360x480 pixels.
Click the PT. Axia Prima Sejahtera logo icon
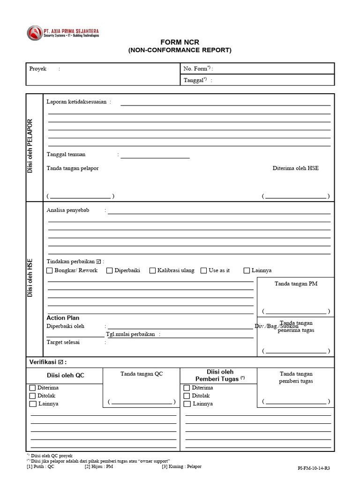pyautogui.click(x=34, y=33)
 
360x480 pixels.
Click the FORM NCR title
pyautogui.click(x=180, y=42)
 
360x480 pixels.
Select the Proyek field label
pyautogui.click(x=38, y=68)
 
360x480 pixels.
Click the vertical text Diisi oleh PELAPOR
pyautogui.click(x=30, y=146)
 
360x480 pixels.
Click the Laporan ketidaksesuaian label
pyautogui.click(x=78, y=101)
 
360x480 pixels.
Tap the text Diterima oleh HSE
pyautogui.click(x=295, y=168)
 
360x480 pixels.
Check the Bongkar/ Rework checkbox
pyautogui.click(x=50, y=270)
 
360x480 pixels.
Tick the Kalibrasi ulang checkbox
pyautogui.click(x=152, y=270)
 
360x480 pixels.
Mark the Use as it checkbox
pyautogui.click(x=203, y=270)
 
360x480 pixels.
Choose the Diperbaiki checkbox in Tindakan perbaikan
pyautogui.click(x=109, y=270)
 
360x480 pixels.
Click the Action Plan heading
pyautogui.click(x=63, y=318)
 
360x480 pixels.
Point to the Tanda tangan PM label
pyautogui.click(x=296, y=284)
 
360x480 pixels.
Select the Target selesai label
pyautogui.click(x=63, y=342)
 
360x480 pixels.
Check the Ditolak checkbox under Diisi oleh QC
pyautogui.click(x=32, y=396)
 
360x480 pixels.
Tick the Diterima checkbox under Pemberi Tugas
pyautogui.click(x=187, y=388)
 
